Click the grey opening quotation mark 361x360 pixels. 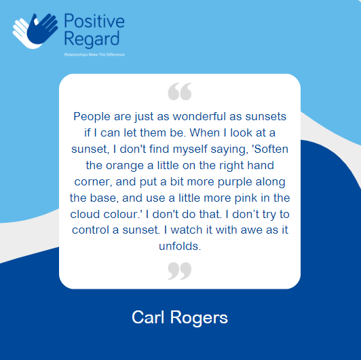click(179, 91)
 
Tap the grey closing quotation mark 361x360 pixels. click(179, 271)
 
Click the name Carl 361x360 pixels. click(149, 317)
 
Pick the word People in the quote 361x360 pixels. click(92, 116)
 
